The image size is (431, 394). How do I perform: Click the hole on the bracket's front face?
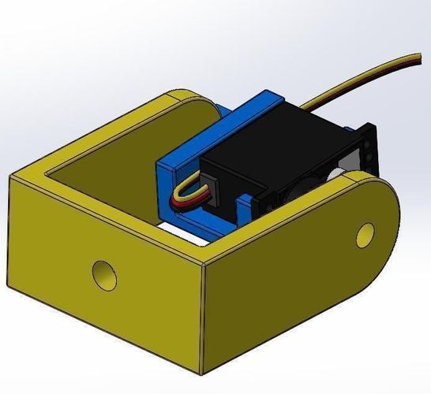103,273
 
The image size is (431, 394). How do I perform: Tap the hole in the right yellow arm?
365,232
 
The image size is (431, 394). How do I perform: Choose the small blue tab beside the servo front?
245,209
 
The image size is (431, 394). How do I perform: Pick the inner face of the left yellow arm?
118,150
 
